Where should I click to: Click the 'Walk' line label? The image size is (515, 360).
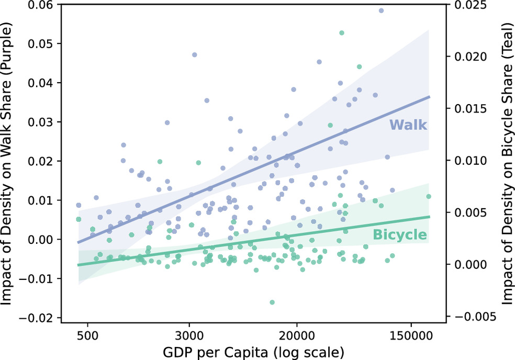point(408,125)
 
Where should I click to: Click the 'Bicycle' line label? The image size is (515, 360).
point(400,234)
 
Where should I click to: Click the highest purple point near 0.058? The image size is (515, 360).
point(381,10)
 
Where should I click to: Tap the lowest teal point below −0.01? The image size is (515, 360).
point(272,302)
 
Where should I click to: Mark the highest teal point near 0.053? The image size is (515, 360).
point(342,33)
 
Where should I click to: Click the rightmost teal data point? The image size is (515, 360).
point(428,197)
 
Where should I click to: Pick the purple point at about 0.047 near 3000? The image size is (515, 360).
point(194,54)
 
